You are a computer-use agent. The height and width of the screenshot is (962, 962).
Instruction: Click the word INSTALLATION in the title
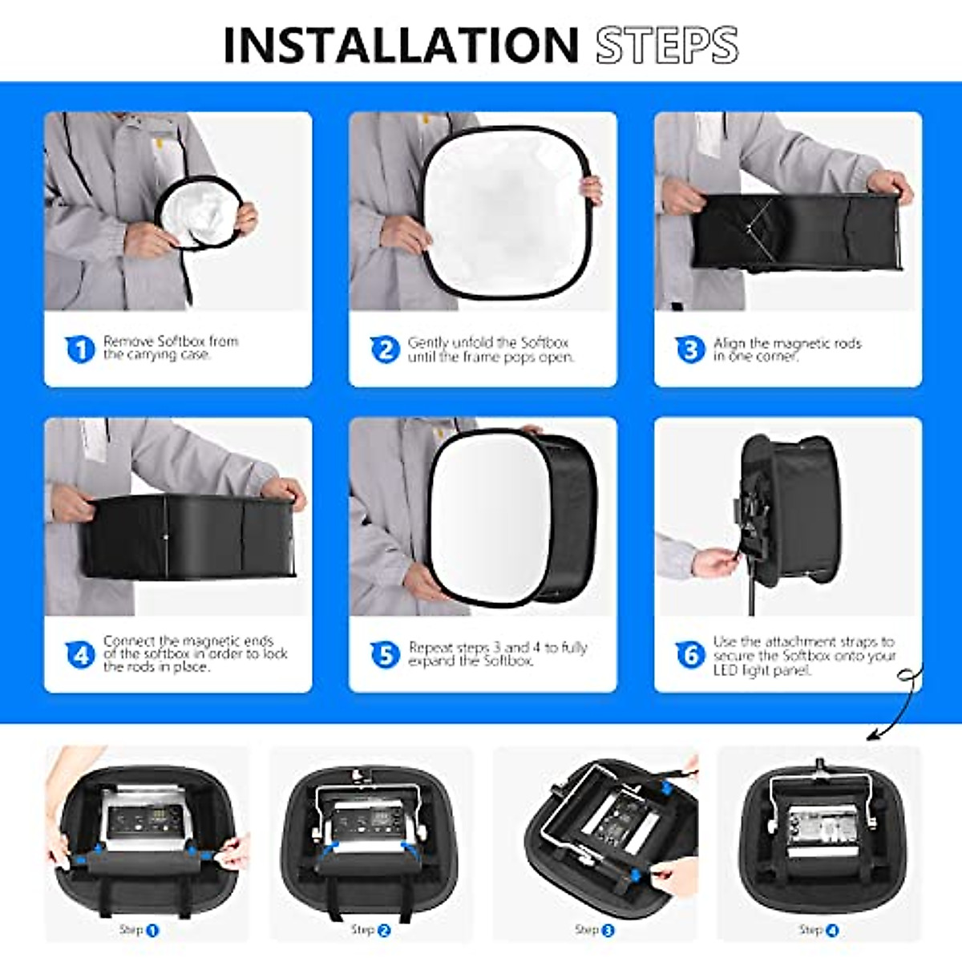tap(401, 45)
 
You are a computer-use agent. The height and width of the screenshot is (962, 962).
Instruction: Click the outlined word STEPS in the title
tap(666, 45)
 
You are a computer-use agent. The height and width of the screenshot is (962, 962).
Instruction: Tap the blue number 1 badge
tap(80, 349)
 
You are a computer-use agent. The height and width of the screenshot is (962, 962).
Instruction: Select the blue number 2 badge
tap(385, 350)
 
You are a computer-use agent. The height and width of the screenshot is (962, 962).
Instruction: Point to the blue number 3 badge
tap(690, 350)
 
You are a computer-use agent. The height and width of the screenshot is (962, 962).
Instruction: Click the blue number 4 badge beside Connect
tap(80, 655)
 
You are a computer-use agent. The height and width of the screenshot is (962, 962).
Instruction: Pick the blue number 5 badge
tap(385, 655)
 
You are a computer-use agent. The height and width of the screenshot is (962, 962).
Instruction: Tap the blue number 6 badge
tap(690, 655)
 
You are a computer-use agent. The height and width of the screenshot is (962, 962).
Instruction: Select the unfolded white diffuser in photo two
tap(505, 212)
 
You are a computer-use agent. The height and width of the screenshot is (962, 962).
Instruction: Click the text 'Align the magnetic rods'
tap(787, 343)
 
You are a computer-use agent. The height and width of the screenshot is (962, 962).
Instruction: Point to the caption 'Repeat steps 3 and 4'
tap(498, 647)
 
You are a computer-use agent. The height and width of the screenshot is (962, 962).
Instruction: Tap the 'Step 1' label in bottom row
tap(139, 930)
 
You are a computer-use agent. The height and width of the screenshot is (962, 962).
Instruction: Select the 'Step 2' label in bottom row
tap(370, 930)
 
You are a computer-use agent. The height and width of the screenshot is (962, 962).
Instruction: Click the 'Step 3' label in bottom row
tap(594, 930)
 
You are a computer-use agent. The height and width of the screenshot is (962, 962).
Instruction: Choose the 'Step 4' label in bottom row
tap(818, 930)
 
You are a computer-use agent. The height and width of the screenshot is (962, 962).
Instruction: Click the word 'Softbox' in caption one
tap(181, 341)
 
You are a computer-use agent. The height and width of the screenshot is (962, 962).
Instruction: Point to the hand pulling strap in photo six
tap(713, 562)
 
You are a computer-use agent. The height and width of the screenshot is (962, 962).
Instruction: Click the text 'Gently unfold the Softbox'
tap(487, 342)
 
